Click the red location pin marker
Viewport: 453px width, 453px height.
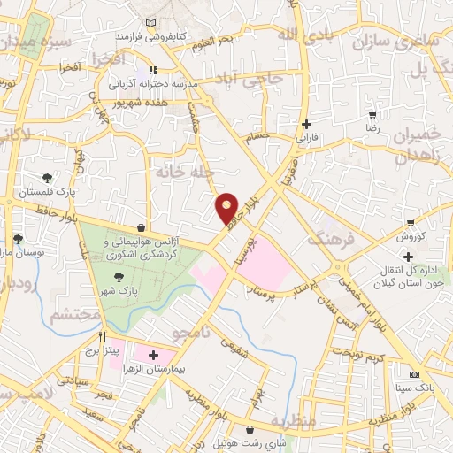pyautogui.click(x=227, y=207)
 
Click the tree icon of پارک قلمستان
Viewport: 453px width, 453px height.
pyautogui.click(x=47, y=177)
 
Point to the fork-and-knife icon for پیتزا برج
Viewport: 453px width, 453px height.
pyautogui.click(x=104, y=337)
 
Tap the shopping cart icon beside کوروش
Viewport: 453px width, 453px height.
pyautogui.click(x=411, y=223)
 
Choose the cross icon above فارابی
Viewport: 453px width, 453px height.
pyautogui.click(x=307, y=125)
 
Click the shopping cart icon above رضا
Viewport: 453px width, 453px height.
pyautogui.click(x=373, y=114)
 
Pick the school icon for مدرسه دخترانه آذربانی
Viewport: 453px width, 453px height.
pyautogui.click(x=153, y=70)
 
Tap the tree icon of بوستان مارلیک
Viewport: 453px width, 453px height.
pyautogui.click(x=18, y=239)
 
